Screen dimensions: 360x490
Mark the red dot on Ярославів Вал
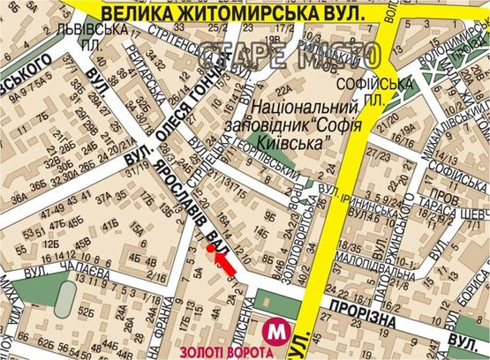210,248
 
